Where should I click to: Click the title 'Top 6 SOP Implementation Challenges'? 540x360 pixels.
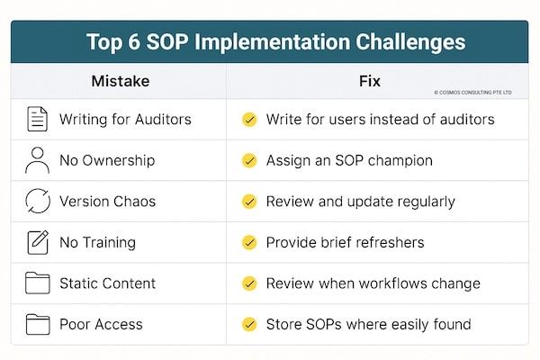[x=276, y=42]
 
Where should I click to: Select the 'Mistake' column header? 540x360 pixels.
[x=120, y=81]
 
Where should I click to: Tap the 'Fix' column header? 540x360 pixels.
[x=368, y=81]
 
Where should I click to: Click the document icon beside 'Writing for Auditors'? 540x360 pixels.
[x=38, y=119]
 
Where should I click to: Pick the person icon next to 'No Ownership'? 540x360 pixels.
[x=38, y=160]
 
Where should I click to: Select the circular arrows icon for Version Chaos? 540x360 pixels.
[x=38, y=202]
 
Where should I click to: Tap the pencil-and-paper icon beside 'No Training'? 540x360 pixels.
[x=38, y=242]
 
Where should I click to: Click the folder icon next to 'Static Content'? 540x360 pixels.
[x=38, y=283]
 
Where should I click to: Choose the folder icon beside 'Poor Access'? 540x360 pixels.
[x=38, y=324]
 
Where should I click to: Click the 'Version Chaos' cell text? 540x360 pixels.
[x=108, y=202]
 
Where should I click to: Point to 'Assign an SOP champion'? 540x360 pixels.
[x=349, y=160]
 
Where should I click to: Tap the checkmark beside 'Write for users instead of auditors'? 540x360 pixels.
[x=249, y=120]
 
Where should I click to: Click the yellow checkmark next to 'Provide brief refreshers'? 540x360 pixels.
[x=249, y=243]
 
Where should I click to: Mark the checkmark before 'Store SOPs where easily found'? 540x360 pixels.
[x=249, y=324]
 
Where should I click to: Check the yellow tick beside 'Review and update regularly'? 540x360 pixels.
[x=249, y=202]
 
